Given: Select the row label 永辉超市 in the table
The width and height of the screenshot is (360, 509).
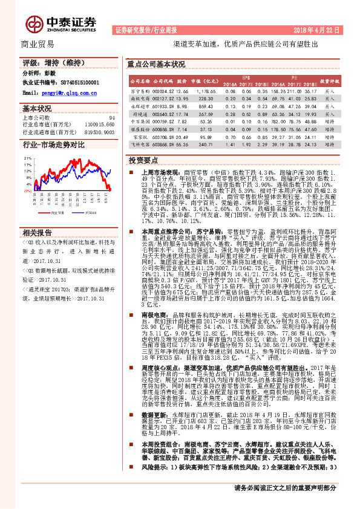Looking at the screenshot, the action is coord(139,105).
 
